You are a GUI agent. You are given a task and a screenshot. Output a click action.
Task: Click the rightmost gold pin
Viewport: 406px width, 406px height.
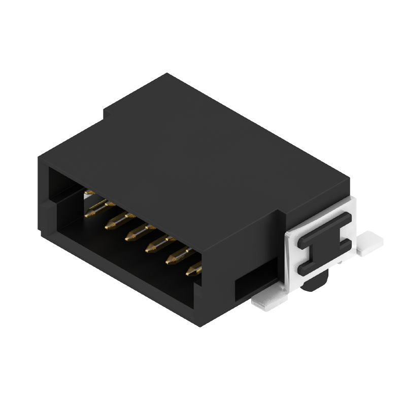tap(193, 270)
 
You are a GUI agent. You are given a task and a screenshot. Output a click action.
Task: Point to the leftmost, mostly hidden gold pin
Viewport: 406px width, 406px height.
tap(89, 193)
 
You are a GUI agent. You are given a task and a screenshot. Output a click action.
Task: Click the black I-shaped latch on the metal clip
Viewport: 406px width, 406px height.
tap(324, 244)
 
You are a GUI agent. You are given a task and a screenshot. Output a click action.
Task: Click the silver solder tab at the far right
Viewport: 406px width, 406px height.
tap(370, 243)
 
